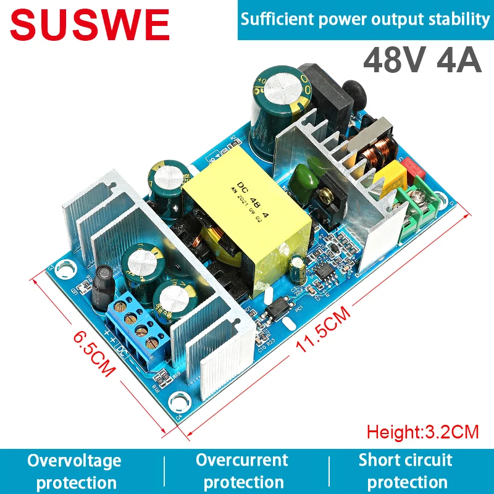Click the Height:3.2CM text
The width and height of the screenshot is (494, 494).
[422, 431]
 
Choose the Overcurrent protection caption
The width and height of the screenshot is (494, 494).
[243, 471]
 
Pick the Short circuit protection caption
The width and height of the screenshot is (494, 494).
[406, 471]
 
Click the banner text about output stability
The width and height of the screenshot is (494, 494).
[364, 19]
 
